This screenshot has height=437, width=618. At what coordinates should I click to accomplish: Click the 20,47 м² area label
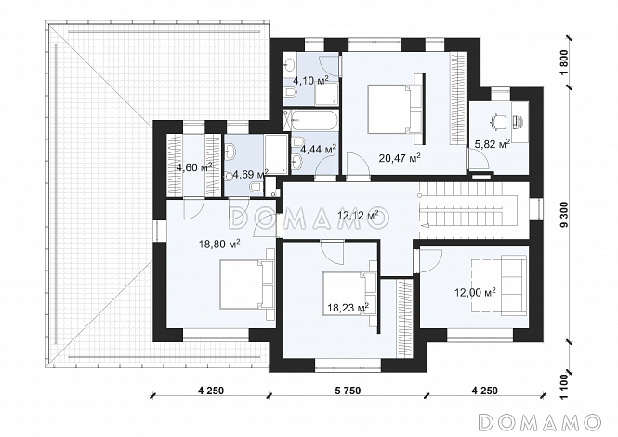[400, 158]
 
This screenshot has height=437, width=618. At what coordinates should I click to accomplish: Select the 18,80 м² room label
[219, 245]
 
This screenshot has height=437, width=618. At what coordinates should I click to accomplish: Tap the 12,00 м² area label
[475, 292]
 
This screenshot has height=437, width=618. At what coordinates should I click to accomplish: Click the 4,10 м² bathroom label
[310, 81]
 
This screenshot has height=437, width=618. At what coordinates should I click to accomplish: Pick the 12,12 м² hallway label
[358, 215]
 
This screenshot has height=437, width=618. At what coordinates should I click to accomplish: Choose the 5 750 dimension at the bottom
[348, 391]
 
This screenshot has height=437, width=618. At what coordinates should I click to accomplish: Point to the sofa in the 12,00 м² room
[514, 285]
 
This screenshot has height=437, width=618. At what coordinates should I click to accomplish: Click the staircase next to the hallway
[473, 210]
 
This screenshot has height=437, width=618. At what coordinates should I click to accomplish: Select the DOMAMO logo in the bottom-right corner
[540, 421]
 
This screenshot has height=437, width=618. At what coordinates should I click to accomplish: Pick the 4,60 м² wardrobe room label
[194, 166]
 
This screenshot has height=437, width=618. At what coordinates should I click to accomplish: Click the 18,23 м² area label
[348, 307]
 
